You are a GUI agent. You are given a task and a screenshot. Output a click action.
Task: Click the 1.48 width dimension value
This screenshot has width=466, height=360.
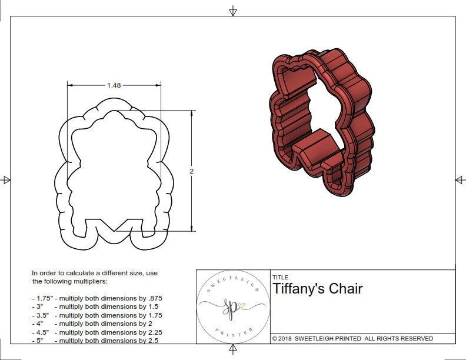pos(114,85)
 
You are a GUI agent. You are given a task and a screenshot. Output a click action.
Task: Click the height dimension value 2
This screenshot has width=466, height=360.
pos(191,171)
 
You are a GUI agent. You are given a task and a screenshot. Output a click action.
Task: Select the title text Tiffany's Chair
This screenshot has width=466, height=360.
pos(317,289)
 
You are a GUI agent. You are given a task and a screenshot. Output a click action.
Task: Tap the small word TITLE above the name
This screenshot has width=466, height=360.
pos(280,277)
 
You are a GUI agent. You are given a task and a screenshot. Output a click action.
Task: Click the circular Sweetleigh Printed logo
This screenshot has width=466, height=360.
pos(233,306)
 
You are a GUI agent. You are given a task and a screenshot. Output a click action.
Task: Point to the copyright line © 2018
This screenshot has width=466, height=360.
pos(287,339)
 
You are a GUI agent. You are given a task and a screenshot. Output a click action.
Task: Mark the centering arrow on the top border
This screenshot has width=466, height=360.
pos(233,11)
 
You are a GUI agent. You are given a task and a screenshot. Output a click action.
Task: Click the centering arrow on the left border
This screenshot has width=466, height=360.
pos(6,180)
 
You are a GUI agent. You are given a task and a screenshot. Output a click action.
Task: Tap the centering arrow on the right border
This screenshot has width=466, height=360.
pos(460,180)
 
